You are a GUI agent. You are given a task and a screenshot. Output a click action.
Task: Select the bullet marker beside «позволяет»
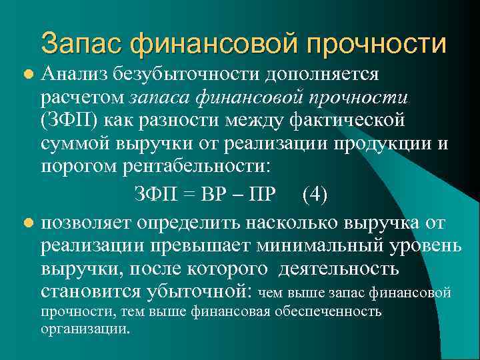coord(27,222)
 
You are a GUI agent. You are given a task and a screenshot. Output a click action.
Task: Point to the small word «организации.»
coord(85,329)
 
